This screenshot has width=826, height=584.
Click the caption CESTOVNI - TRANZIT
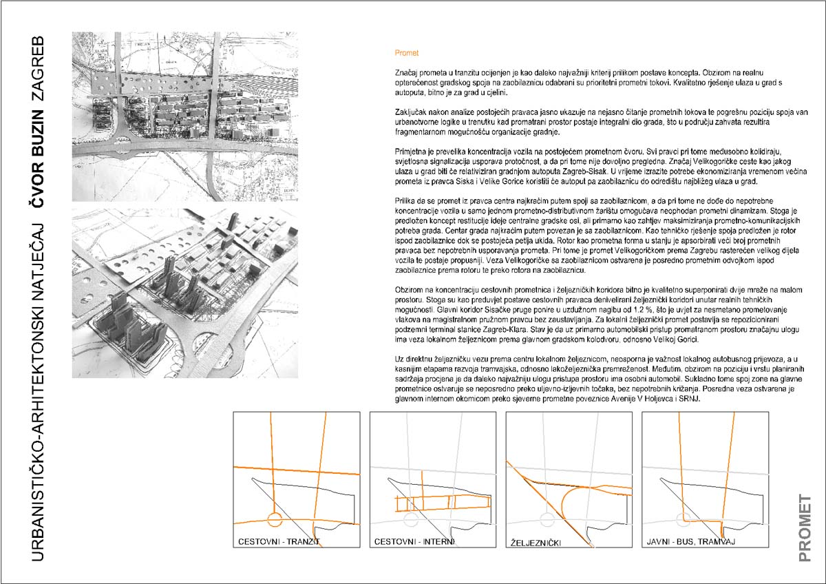click(279, 542)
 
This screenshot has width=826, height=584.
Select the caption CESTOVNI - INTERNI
click(414, 542)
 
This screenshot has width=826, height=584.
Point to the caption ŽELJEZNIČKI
click(536, 543)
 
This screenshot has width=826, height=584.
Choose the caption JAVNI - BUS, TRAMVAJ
click(691, 542)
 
